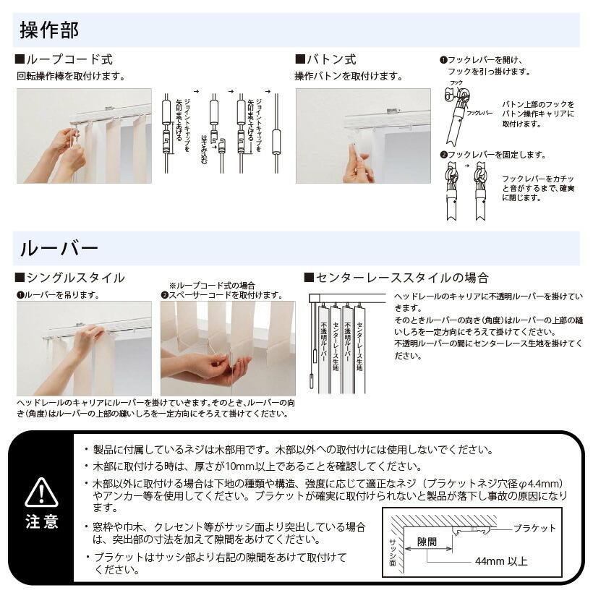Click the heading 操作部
[x=49, y=30]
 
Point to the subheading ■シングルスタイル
[x=69, y=278]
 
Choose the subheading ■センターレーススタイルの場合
[x=396, y=278]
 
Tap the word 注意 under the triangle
[x=41, y=522]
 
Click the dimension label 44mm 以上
[x=501, y=561]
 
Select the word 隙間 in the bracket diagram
[x=427, y=542]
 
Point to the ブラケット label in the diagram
[x=534, y=528]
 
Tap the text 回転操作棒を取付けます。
[x=71, y=76]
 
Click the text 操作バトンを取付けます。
[x=349, y=76]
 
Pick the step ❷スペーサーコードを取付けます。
[x=221, y=295]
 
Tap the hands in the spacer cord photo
[x=210, y=365]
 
